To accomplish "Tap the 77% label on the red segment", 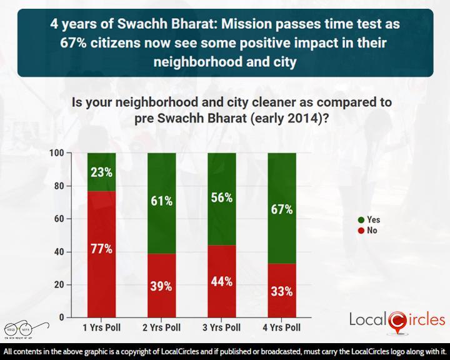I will (x=101, y=249).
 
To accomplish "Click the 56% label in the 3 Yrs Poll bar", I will (x=221, y=197).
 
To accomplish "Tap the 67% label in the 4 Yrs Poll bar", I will (x=281, y=209).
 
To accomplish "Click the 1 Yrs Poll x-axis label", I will (x=101, y=327).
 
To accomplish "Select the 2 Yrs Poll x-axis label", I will (x=161, y=327).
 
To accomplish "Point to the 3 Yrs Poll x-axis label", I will (x=221, y=327).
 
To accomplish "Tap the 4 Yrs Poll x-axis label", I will (x=281, y=327).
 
